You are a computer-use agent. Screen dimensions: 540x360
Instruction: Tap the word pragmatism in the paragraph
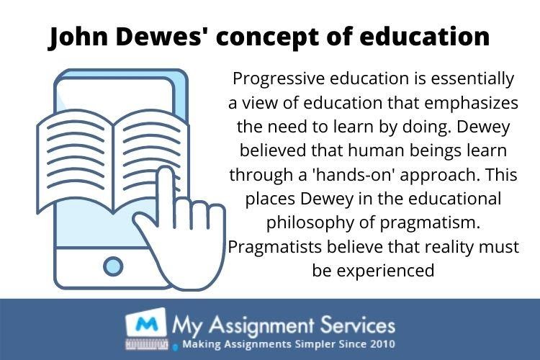point(430,224)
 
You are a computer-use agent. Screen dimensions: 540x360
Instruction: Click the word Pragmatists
point(275,248)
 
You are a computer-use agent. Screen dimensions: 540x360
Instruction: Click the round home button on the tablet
point(113,266)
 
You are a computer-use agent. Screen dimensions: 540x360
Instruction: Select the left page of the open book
point(75,161)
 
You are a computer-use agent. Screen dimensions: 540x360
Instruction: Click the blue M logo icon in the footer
point(146,324)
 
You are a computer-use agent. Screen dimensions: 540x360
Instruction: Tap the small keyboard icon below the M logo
point(147,344)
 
